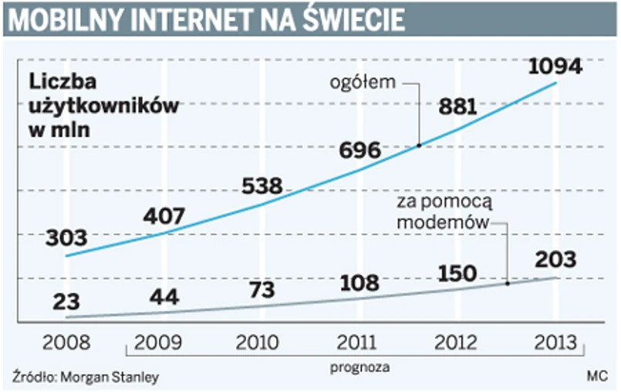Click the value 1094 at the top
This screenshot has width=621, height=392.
tap(555, 67)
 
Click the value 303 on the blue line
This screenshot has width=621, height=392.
tap(66, 238)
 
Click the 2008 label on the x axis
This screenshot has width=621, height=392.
tap(66, 342)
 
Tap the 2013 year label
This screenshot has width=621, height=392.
tap(554, 342)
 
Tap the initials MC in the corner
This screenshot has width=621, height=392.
tap(596, 377)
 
